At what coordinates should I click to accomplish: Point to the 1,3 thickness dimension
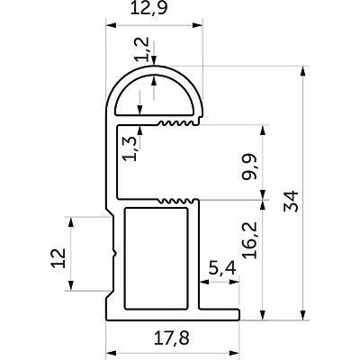(130, 148)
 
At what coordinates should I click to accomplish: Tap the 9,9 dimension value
(249, 166)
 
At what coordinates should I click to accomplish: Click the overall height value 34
(291, 201)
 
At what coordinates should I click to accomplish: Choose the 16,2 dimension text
(250, 240)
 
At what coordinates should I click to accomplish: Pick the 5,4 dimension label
(222, 268)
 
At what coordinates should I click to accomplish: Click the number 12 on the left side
(58, 257)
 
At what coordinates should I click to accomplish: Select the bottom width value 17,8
(172, 338)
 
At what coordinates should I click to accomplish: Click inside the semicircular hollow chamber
(154, 96)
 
